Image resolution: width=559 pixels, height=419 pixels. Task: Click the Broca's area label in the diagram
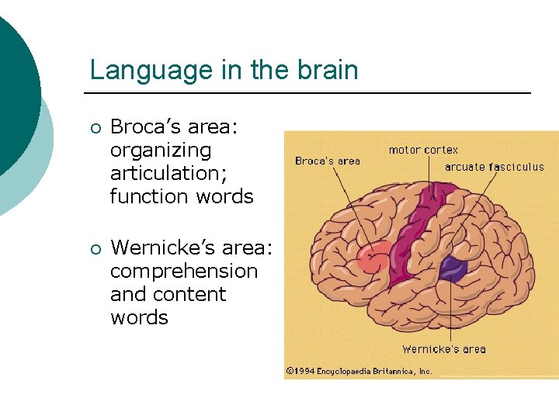[328, 161]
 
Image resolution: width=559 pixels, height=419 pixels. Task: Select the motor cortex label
[423, 150]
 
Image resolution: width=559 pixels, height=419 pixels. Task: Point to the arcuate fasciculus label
[495, 167]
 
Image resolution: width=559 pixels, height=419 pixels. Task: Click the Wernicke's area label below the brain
[443, 349]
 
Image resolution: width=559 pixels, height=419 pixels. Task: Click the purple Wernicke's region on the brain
[452, 268]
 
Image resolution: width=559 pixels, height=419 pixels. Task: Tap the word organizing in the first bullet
[161, 150]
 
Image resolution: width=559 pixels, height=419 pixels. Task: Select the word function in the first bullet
[150, 196]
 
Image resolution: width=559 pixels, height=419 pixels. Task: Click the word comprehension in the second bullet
[184, 272]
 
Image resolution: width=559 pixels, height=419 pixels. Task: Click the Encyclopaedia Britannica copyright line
[359, 372]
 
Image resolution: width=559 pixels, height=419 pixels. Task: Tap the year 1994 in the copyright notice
[304, 372]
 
